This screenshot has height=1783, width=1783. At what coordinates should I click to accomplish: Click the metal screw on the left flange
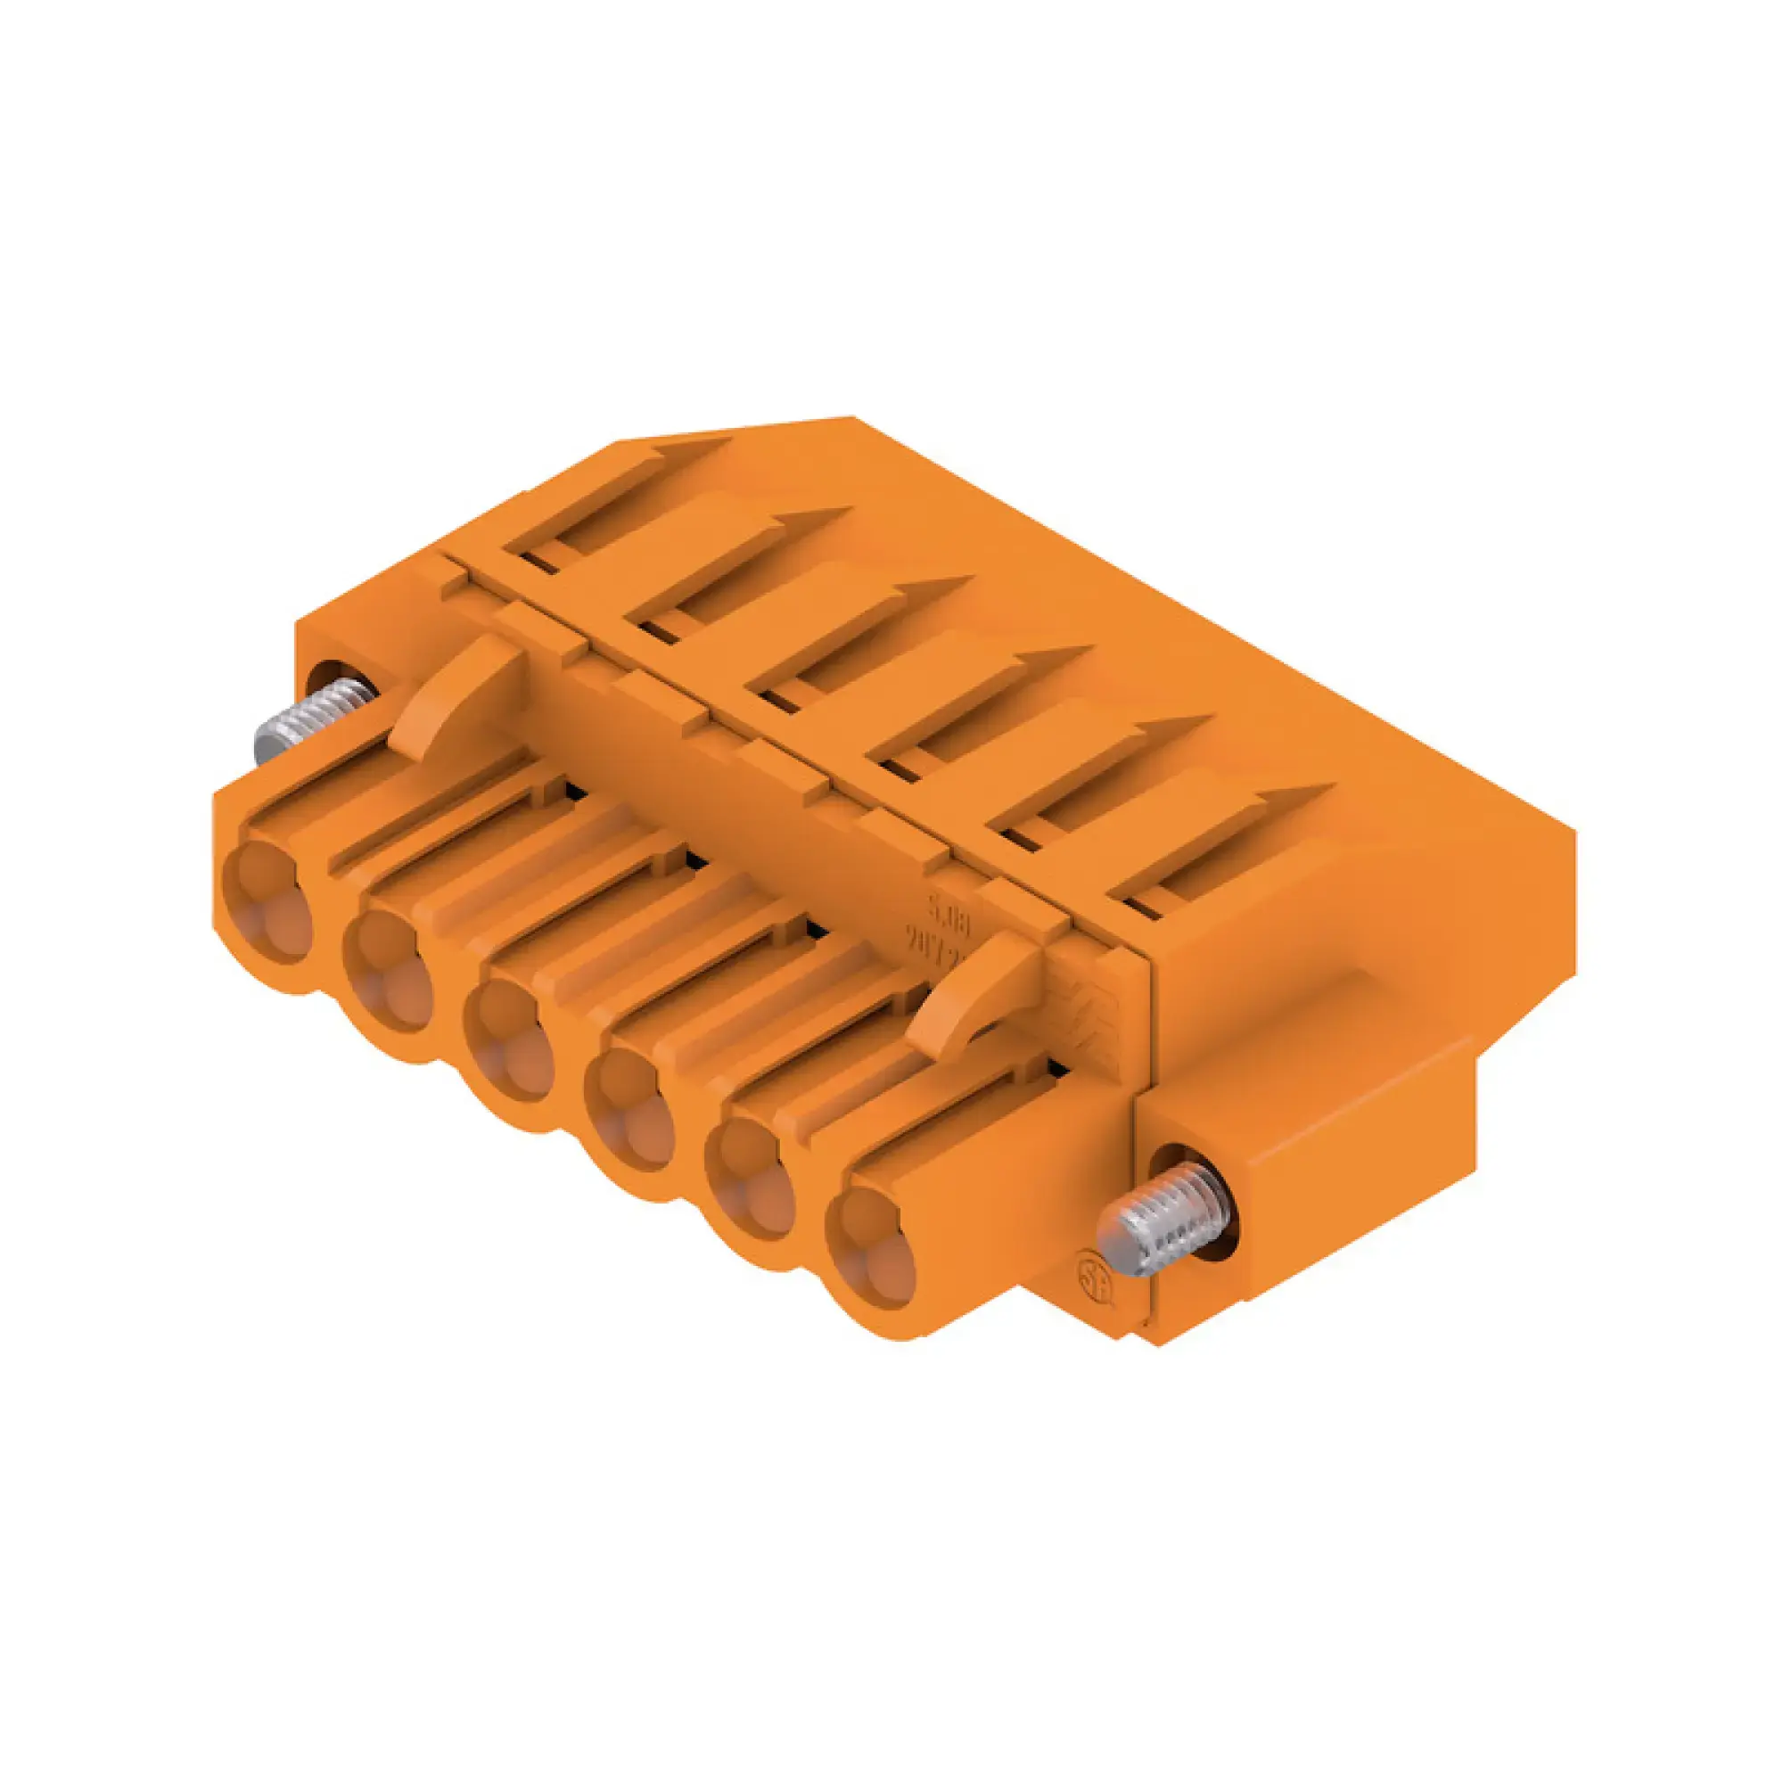pyautogui.click(x=309, y=718)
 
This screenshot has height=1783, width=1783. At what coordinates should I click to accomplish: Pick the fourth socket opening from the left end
pyautogui.click(x=630, y=1107)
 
